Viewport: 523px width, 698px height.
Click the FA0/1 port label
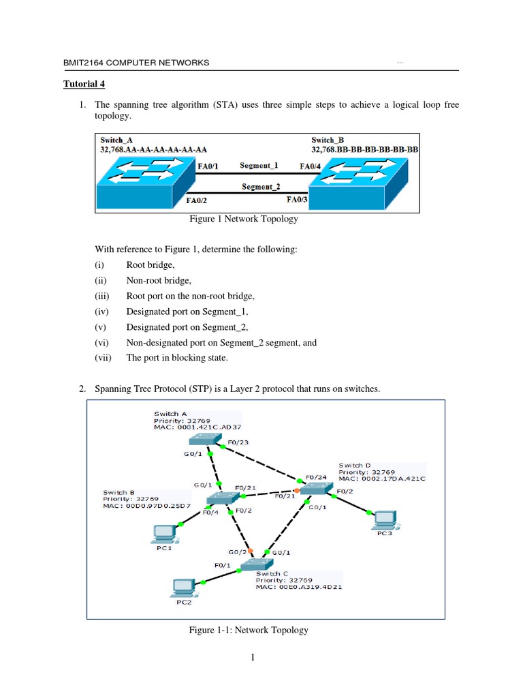pos(208,165)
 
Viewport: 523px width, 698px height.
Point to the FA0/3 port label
pos(298,200)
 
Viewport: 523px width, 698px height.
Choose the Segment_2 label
pos(261,186)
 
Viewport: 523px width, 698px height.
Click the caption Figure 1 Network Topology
pos(243,220)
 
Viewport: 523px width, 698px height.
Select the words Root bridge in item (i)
pos(150,264)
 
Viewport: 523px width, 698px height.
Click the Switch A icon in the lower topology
pos(202,440)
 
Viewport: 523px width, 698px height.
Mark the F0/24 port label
pos(316,477)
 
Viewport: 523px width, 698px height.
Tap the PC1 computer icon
pos(163,532)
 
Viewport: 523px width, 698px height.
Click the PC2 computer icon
pos(183,586)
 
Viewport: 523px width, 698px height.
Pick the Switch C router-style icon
pos(257,564)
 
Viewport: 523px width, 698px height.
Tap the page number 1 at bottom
pos(252,658)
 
